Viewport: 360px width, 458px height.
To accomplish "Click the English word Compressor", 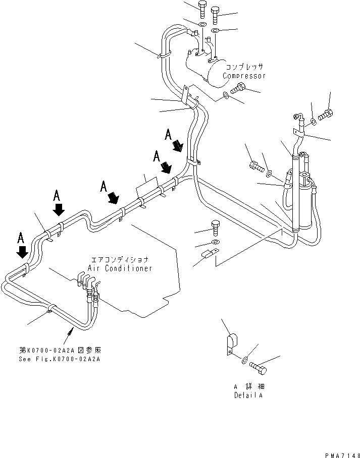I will click(244, 76).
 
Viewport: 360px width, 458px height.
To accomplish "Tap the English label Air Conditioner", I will click(120, 268).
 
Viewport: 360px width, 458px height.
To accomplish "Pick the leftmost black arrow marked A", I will click(22, 251).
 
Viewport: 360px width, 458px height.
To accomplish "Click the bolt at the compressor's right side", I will click(238, 90).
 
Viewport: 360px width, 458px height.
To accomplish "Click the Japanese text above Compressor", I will click(245, 67).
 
